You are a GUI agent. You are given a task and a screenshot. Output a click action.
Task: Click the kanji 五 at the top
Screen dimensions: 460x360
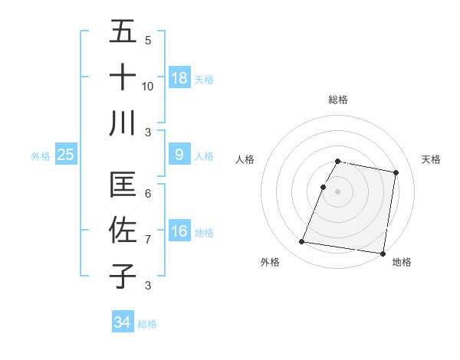point(123,32)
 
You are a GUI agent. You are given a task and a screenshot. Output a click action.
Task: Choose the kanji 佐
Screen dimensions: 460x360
point(123,230)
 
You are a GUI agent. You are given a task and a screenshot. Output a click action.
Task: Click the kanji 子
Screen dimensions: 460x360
point(123,275)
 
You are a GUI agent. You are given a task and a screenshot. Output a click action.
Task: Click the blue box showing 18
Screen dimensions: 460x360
point(179,77)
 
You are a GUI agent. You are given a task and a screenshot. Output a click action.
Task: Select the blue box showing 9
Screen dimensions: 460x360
point(179,155)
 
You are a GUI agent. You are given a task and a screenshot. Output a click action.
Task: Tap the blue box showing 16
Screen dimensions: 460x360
point(179,231)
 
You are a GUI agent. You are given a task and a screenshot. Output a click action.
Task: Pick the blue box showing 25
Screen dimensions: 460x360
point(65,155)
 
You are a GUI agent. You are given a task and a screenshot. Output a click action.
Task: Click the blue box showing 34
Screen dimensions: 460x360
point(122,322)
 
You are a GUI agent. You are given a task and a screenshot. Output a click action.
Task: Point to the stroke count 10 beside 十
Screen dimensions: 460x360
point(148,86)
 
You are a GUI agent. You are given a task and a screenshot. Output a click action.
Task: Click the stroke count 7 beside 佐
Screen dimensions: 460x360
point(148,240)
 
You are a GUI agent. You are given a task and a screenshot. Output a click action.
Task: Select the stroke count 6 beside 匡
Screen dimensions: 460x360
point(148,194)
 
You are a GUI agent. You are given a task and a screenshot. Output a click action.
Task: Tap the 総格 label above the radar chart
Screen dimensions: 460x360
point(338,100)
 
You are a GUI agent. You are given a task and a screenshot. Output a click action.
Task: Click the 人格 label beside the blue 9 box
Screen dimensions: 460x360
point(204,155)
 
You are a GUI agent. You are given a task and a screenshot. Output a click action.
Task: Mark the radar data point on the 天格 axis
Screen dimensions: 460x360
point(396,172)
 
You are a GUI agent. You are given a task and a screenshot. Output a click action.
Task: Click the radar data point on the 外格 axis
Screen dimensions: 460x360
point(302,242)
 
